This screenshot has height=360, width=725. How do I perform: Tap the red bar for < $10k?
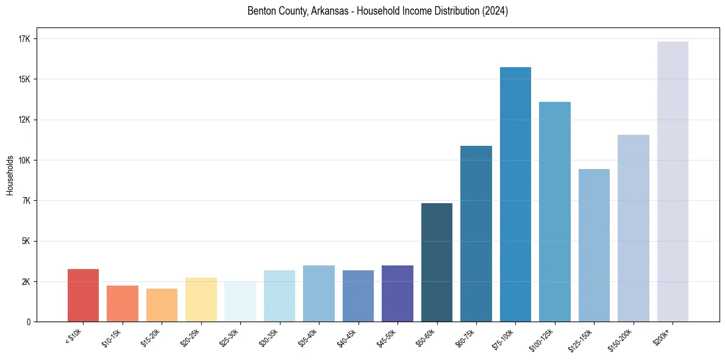click(x=83, y=295)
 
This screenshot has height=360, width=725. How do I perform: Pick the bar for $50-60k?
click(x=437, y=262)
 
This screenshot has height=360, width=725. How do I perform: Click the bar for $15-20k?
click(x=162, y=305)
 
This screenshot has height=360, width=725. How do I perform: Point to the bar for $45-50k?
click(x=398, y=293)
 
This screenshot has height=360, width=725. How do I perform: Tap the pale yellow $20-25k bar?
click(x=201, y=300)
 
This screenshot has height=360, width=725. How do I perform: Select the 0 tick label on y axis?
click(x=28, y=322)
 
